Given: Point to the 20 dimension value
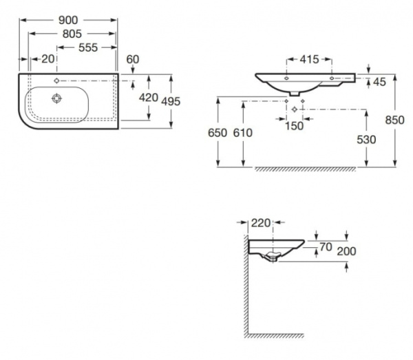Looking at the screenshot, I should click(x=47, y=59).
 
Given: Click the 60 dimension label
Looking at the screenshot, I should click(x=133, y=59).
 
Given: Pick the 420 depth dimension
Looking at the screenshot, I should click(x=149, y=98).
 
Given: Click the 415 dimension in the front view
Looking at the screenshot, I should click(x=308, y=60).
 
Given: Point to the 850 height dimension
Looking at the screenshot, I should click(x=394, y=119).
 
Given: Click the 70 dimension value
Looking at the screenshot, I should click(x=325, y=246).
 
